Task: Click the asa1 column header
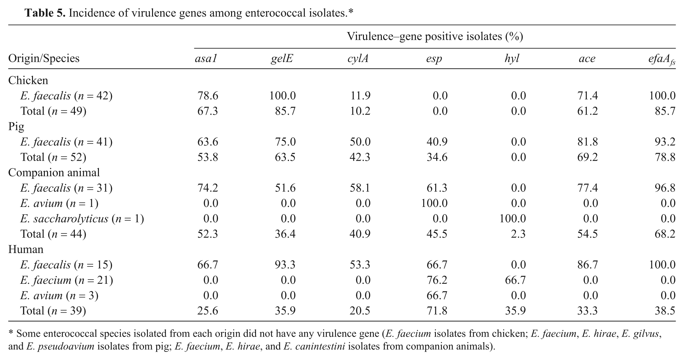(x=206, y=58)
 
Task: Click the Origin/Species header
(x=44, y=59)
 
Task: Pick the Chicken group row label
(x=28, y=80)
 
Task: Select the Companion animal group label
(x=54, y=172)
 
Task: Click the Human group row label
(x=26, y=249)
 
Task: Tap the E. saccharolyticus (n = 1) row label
(x=82, y=219)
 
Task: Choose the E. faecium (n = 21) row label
(x=67, y=280)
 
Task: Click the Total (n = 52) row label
(x=53, y=157)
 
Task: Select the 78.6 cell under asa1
(x=208, y=96)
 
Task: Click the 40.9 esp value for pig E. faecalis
(x=437, y=142)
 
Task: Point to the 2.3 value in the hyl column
(x=519, y=234)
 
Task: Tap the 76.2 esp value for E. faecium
(x=437, y=280)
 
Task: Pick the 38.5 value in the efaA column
(x=665, y=311)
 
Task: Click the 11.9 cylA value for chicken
(x=360, y=96)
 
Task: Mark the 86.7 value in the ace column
(x=587, y=265)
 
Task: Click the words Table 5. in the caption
(x=45, y=13)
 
